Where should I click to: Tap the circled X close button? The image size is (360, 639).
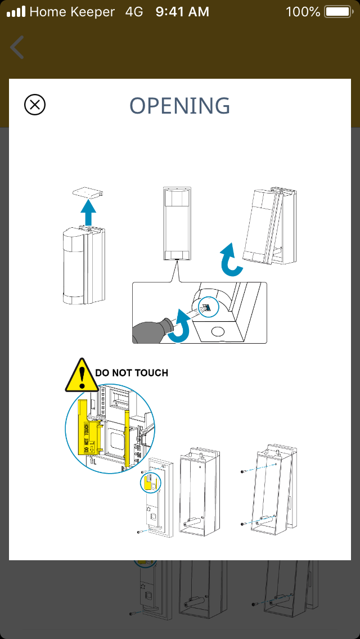coord(35,105)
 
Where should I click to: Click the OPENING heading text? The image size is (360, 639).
coord(180,106)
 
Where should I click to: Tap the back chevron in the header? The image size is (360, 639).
coord(17,47)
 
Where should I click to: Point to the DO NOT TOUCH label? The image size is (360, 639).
coord(132,372)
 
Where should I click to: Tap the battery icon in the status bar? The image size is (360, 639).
coord(337,11)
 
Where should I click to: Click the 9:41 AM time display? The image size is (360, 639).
coord(182,11)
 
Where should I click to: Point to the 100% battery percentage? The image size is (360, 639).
coord(303,11)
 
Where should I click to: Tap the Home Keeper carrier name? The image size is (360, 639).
coord(72,11)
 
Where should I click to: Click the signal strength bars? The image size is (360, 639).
coord(16,11)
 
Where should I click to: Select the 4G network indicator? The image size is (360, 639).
coord(134,11)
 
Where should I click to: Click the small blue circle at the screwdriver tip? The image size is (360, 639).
coord(206,307)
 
